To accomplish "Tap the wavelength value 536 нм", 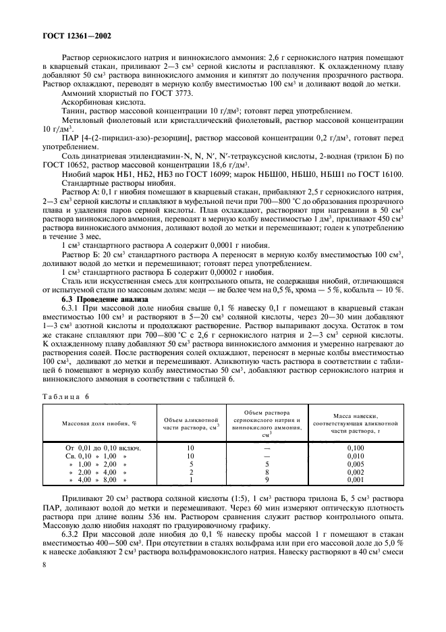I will tap(144, 511).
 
